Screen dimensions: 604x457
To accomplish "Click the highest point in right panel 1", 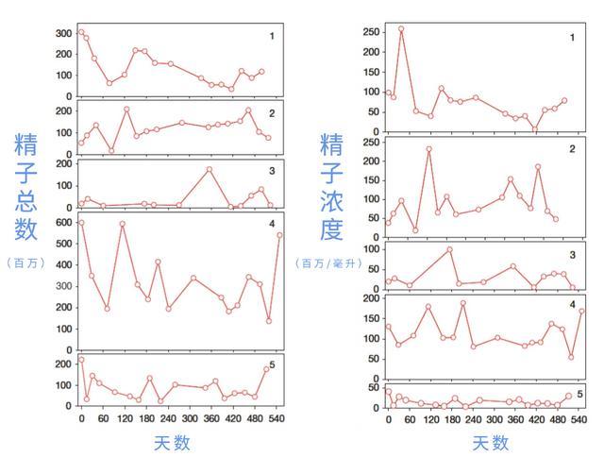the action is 401,29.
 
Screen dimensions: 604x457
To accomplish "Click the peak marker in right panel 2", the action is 429,149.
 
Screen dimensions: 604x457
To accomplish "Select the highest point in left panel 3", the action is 210,169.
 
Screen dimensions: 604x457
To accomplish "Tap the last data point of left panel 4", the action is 279,235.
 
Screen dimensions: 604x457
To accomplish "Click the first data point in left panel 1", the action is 81,32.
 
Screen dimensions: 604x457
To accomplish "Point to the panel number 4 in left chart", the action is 272,224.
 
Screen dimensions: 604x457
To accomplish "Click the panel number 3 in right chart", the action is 573,255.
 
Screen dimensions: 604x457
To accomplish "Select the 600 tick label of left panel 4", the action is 64,222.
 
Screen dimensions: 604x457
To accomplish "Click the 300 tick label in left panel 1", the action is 64,34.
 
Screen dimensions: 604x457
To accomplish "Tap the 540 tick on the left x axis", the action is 277,418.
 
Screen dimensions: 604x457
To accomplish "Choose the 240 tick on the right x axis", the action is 473,419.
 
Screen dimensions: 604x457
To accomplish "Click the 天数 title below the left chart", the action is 172,443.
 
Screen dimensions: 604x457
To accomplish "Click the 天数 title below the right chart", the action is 491,443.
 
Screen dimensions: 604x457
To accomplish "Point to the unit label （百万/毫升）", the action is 328,263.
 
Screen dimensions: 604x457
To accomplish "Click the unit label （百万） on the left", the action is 25,263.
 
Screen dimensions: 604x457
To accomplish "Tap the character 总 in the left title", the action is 25,200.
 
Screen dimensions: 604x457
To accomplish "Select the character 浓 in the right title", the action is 331,200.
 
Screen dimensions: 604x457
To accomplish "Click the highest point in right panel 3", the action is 449,249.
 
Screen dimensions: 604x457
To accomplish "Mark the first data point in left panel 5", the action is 81,360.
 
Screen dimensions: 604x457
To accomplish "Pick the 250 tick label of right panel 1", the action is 371,32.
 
